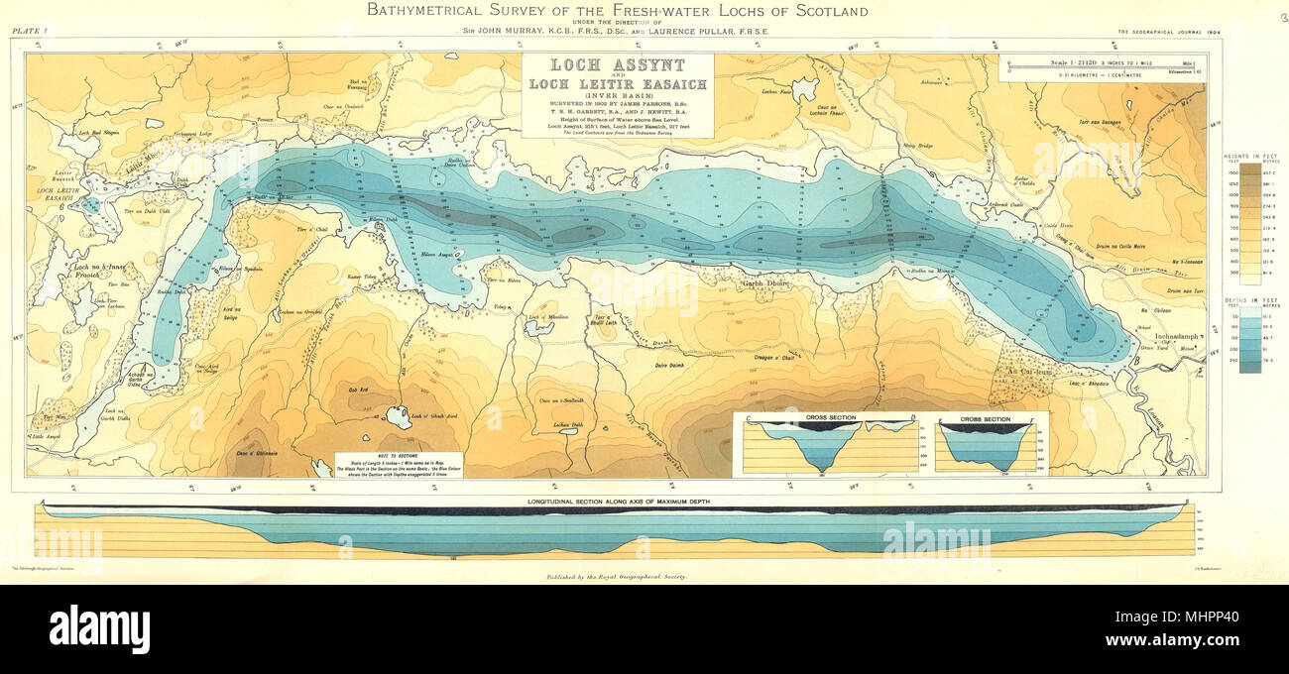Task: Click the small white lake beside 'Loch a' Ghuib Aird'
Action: point(398,416)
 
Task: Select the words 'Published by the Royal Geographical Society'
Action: point(616,575)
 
